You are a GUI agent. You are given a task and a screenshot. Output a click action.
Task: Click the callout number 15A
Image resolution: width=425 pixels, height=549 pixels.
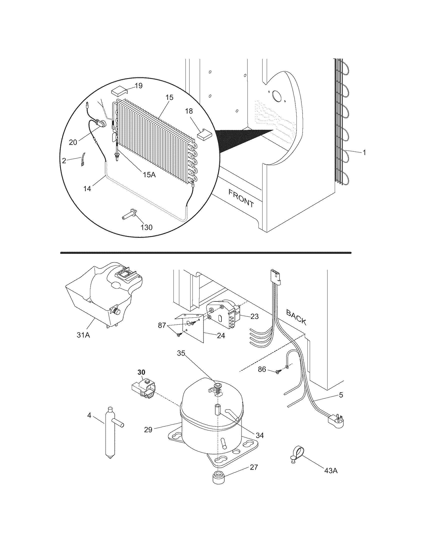(x=149, y=174)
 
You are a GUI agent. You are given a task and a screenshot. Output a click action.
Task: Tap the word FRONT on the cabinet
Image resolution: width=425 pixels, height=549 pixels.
(x=241, y=198)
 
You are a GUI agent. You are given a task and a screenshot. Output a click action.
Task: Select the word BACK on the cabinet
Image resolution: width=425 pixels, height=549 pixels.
(x=296, y=317)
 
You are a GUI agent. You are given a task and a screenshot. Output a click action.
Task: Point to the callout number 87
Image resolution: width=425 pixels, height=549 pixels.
(x=162, y=325)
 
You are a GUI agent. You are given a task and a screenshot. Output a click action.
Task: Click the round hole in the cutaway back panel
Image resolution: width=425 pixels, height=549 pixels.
(x=277, y=96)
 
